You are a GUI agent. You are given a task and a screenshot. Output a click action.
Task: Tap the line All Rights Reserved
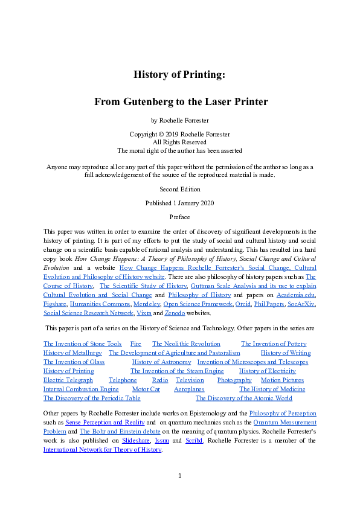coord(179,141)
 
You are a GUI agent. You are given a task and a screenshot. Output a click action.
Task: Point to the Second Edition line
coord(179,189)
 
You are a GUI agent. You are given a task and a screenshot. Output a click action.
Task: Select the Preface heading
coord(179,217)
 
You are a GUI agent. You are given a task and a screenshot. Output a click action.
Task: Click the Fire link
coord(136,344)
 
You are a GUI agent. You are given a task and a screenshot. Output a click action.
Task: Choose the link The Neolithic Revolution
coord(186,344)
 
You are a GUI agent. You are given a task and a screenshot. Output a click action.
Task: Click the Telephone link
coord(123,380)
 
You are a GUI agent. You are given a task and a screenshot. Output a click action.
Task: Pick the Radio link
coord(160,380)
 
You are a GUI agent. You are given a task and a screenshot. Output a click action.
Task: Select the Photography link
coord(234,380)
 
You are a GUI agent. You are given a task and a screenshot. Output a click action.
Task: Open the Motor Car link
coord(146,389)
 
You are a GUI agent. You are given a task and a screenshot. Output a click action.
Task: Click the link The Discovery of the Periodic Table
coord(92,399)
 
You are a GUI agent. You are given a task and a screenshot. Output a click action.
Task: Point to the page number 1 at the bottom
coord(180,476)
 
